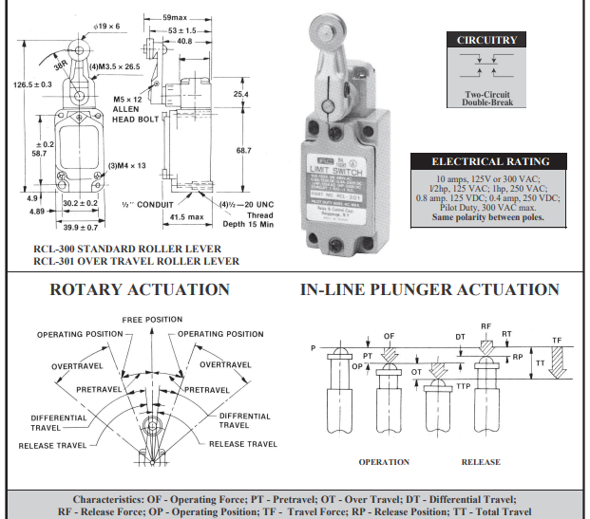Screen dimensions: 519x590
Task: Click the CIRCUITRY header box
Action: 486,41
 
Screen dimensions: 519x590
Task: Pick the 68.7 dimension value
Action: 243,150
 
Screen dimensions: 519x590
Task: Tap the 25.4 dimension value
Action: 240,95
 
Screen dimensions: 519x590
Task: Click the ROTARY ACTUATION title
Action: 140,289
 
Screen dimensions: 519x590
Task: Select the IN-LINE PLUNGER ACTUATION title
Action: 429,289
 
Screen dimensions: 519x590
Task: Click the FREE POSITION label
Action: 151,320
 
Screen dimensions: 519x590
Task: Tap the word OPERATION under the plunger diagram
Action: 384,462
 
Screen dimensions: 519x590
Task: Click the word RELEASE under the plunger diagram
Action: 481,462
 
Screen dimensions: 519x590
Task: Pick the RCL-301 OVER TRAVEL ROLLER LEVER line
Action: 136,261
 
